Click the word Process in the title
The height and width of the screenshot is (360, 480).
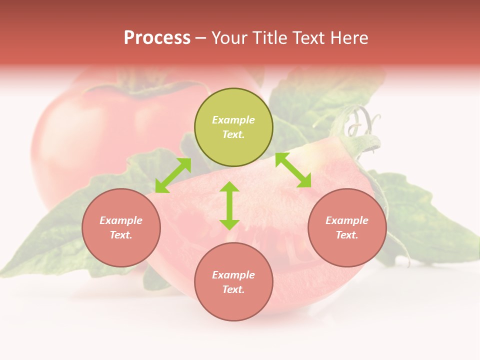click(157, 38)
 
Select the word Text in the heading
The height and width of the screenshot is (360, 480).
click(308, 38)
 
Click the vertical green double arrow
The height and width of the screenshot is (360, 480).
click(229, 205)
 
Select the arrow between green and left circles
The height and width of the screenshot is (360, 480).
click(173, 175)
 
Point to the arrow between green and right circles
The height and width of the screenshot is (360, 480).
click(293, 170)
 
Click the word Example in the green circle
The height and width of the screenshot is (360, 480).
click(233, 120)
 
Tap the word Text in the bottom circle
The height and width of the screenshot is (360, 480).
click(233, 289)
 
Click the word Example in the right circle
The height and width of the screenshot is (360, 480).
click(347, 220)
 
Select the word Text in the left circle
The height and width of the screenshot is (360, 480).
click(121, 235)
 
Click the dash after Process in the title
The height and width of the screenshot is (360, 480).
click(200, 38)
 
